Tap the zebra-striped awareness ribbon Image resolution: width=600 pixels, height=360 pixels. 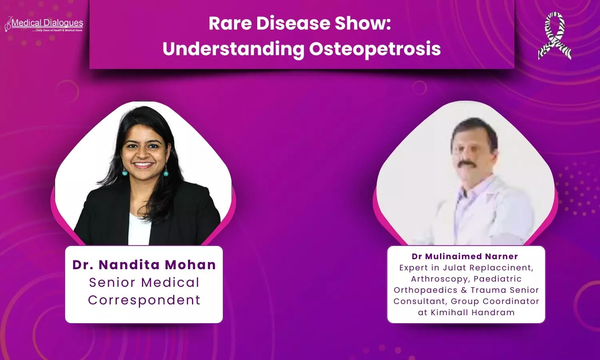[555, 36]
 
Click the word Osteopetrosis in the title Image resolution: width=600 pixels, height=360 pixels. [375, 49]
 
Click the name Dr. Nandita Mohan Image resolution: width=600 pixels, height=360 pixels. [144, 265]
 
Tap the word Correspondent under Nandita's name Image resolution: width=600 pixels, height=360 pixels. [144, 300]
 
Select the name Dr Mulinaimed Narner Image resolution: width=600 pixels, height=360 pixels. [465, 256]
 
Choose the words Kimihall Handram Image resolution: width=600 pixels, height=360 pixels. [472, 312]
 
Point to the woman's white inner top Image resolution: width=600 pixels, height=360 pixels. [139, 229]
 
